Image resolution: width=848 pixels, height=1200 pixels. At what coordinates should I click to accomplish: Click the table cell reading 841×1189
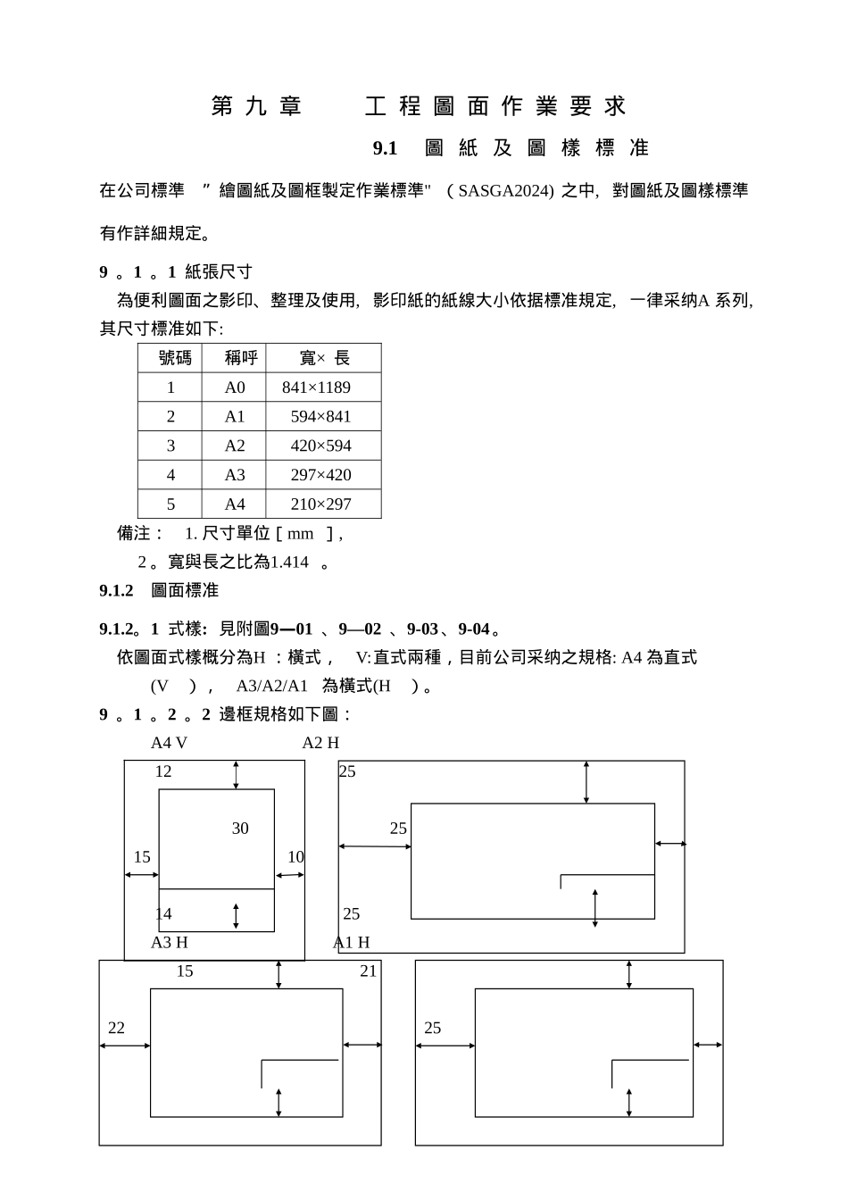pyautogui.click(x=316, y=387)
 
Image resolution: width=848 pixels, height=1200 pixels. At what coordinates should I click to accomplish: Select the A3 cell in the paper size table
pyautogui.click(x=234, y=475)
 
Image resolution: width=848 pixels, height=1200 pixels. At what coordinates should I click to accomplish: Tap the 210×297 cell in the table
pyautogui.click(x=320, y=504)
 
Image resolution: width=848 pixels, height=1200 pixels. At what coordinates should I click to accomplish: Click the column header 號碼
pyautogui.click(x=175, y=358)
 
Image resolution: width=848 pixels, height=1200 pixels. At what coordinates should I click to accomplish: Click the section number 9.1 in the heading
pyautogui.click(x=385, y=148)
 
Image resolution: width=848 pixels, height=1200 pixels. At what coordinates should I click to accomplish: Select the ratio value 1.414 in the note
pyautogui.click(x=289, y=562)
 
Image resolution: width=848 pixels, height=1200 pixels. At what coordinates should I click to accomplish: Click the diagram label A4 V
pyautogui.click(x=169, y=743)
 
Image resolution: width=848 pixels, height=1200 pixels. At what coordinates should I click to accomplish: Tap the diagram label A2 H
pyautogui.click(x=320, y=743)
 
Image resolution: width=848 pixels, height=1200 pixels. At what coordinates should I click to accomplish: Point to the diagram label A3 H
pyautogui.click(x=169, y=943)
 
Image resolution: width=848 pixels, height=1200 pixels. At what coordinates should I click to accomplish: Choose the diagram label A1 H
pyautogui.click(x=351, y=943)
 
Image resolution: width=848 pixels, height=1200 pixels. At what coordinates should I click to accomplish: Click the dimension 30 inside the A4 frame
pyautogui.click(x=240, y=829)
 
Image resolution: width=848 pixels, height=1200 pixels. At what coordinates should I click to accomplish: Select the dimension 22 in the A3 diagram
pyautogui.click(x=116, y=1029)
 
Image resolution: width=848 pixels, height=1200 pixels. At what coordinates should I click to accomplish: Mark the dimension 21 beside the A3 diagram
pyautogui.click(x=368, y=971)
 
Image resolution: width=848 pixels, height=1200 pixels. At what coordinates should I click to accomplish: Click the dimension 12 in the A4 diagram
pyautogui.click(x=163, y=771)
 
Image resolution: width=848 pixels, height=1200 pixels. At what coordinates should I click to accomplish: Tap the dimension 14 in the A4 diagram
pyautogui.click(x=163, y=914)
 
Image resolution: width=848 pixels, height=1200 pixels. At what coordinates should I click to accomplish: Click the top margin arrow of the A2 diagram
pyautogui.click(x=586, y=782)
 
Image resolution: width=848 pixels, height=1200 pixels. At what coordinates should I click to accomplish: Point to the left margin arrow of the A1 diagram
pyautogui.click(x=445, y=1046)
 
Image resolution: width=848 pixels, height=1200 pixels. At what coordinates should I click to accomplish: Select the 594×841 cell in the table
pyautogui.click(x=320, y=417)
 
